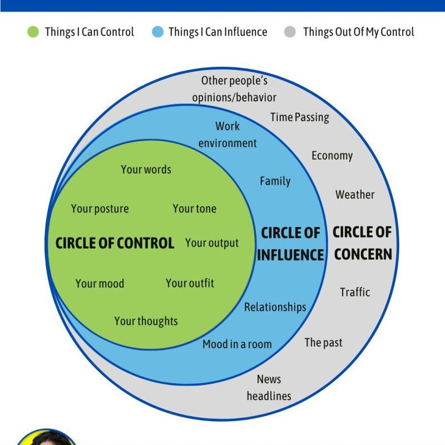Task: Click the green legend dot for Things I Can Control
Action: coord(33,32)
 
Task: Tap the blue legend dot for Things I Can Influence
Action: coord(158,32)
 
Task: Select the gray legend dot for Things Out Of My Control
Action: coord(290,32)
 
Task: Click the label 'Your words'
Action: coord(146,170)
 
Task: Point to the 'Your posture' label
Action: coord(100,209)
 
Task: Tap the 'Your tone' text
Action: coord(194,209)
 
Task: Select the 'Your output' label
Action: coord(212,243)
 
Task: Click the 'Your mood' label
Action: coord(100,284)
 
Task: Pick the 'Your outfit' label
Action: coord(190,283)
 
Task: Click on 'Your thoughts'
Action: coord(146,321)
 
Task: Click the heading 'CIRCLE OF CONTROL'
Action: coord(115,243)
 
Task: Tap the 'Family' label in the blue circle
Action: coord(275,181)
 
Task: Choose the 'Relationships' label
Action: coord(275,307)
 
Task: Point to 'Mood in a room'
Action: coord(237,344)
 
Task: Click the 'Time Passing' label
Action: coord(300,117)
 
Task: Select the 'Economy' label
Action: coord(332,155)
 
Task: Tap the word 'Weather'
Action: coord(355,195)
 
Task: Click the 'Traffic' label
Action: coord(355,292)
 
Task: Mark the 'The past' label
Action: coord(323,343)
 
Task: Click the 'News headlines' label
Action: coord(269,388)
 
